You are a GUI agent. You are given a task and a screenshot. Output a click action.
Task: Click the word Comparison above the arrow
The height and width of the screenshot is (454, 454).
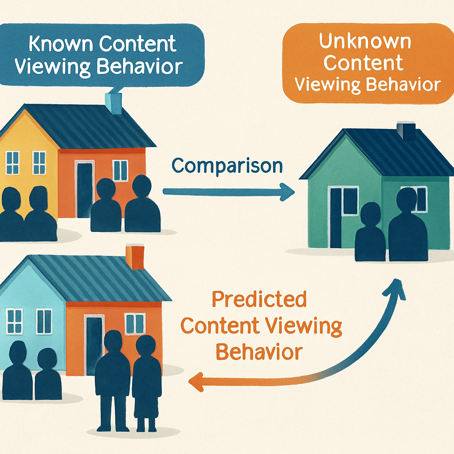[x=227, y=166]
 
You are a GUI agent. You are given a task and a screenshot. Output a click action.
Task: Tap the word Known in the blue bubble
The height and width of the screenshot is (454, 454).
[x=61, y=44]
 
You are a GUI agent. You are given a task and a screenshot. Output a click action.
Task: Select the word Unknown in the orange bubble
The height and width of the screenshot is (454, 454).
[x=365, y=41]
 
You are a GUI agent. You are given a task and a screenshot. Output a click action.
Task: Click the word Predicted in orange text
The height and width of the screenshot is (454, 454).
[x=259, y=299]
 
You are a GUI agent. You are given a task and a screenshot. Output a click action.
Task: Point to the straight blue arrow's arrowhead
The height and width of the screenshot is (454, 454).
[x=287, y=192]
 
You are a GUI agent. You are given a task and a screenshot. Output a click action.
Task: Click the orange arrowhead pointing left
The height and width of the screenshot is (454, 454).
[x=196, y=382]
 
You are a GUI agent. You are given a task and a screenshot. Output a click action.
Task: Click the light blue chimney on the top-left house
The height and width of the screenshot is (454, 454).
[x=113, y=103]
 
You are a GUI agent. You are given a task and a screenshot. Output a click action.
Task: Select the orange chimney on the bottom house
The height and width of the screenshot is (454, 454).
[x=135, y=257]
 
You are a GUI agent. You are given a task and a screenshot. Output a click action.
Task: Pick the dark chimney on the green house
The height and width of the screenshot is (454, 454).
[x=406, y=131]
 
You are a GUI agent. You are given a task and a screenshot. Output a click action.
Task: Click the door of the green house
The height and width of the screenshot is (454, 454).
[x=336, y=218]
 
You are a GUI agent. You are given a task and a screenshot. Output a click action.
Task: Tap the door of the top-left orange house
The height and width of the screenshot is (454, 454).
[x=85, y=190]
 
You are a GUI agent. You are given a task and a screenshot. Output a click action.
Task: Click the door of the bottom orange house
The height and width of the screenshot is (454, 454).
[x=94, y=344]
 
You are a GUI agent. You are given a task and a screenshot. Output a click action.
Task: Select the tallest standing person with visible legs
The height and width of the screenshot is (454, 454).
[x=113, y=380]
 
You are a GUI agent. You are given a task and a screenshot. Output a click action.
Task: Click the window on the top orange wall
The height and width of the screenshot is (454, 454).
[x=120, y=170]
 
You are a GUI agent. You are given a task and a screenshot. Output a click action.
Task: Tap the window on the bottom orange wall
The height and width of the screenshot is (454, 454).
[x=135, y=324]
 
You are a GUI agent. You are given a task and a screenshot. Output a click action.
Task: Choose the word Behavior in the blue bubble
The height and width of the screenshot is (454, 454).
[x=140, y=67]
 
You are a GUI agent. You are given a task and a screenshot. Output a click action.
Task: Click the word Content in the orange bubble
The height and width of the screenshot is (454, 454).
[x=364, y=63]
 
